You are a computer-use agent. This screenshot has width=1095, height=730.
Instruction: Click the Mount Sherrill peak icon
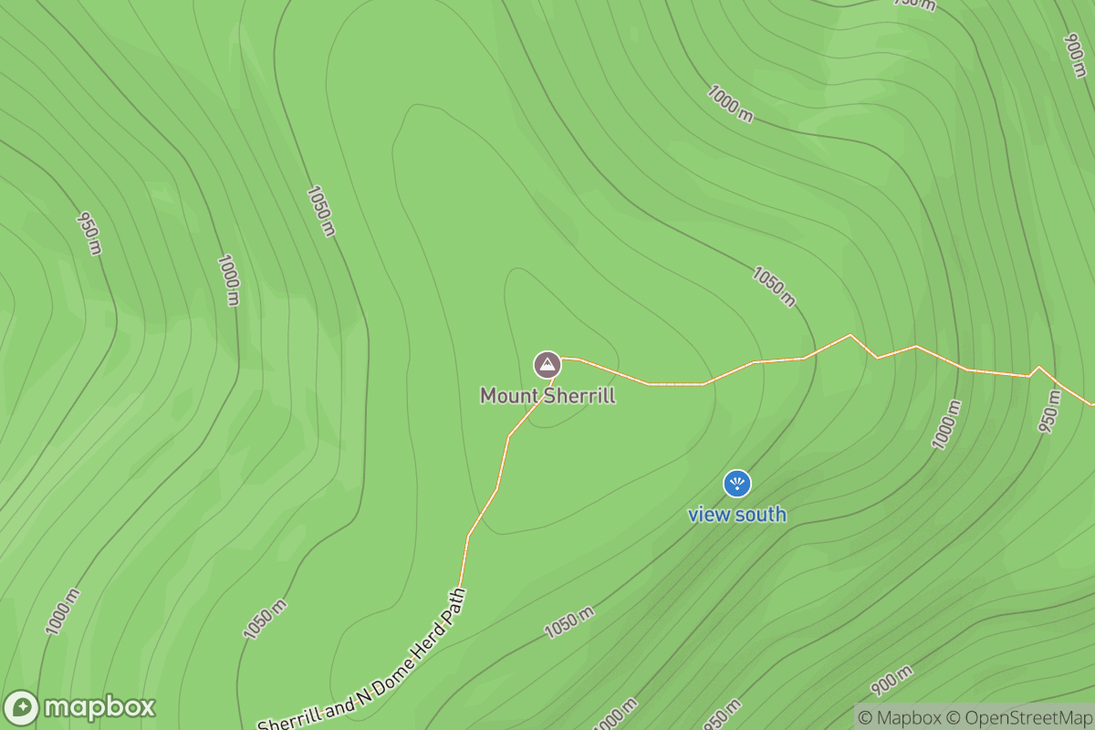[x=547, y=365]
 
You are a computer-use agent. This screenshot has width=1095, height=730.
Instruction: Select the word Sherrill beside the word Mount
[x=579, y=396]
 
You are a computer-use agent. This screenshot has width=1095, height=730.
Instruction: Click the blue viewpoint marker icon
[x=736, y=484]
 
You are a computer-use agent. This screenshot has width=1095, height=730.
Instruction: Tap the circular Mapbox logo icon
[x=21, y=708]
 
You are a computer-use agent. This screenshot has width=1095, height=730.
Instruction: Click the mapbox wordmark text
[x=99, y=708]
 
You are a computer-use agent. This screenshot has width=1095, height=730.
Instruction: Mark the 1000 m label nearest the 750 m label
[x=731, y=103]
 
